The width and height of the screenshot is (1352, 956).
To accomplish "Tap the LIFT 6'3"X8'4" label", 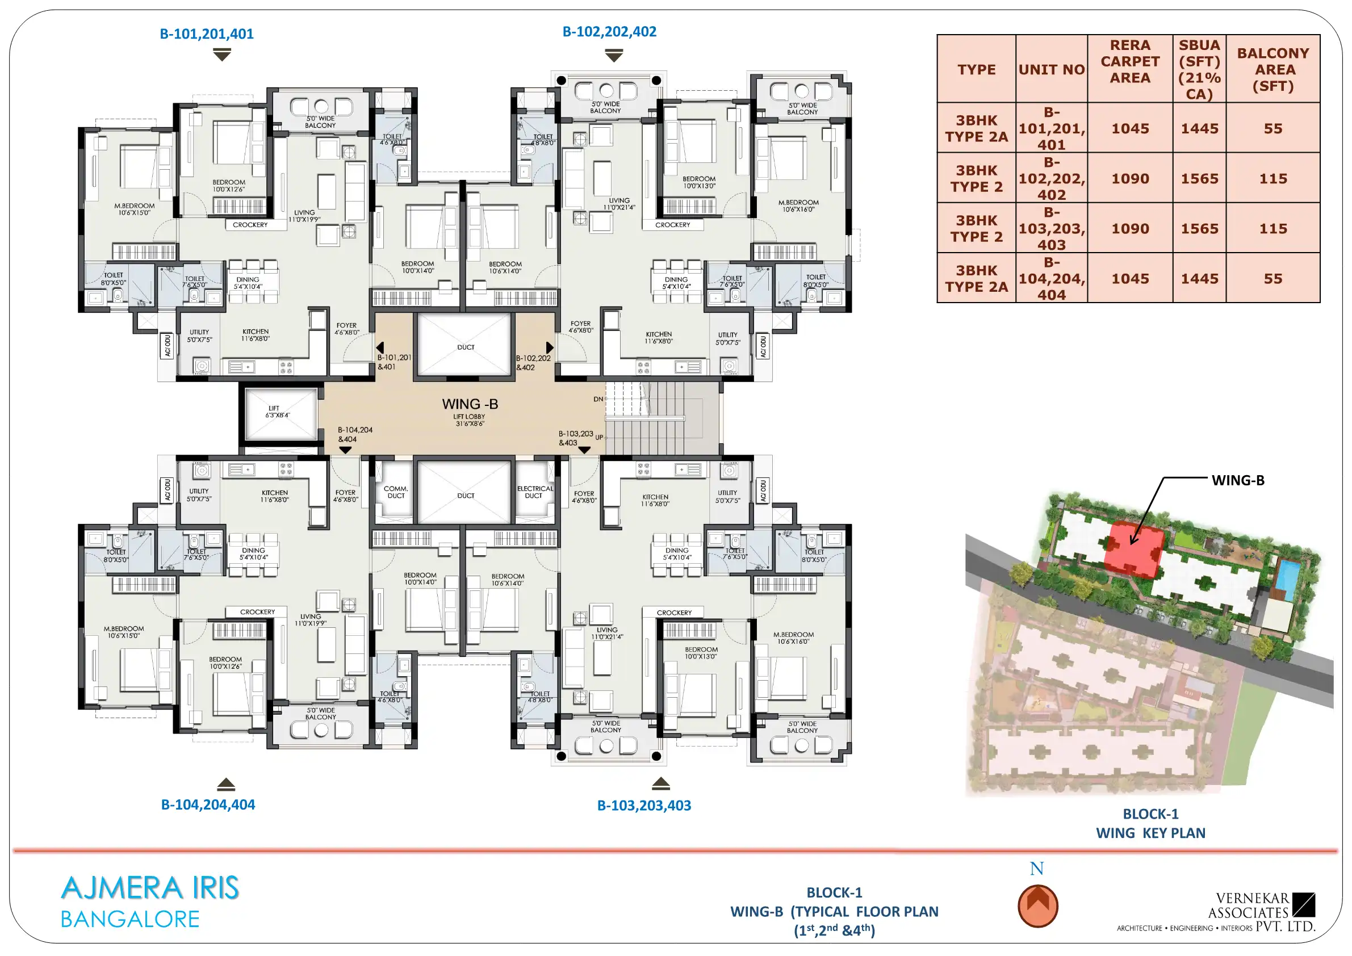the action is point(277,412).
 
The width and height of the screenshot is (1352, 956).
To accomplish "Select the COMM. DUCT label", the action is point(396,492).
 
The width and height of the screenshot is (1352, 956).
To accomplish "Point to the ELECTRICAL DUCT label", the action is point(535,492).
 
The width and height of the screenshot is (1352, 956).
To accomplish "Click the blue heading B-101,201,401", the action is point(207,33).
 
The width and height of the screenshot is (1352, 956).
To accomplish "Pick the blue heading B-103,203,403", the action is point(644,806).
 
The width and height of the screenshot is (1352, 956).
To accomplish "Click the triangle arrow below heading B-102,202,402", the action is point(614,56).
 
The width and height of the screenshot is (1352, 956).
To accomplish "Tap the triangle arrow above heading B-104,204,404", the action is point(226,784).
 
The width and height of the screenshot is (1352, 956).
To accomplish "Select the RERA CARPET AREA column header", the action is point(1130,61).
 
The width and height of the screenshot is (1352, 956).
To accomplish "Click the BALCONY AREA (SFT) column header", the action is point(1273,69).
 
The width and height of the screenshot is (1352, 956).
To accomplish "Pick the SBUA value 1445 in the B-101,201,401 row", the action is point(1199,128).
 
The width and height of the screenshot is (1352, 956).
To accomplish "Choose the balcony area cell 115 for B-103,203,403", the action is point(1273,228).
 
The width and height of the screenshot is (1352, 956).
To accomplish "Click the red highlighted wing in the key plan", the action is point(1133,548).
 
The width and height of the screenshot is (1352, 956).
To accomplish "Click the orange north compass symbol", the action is point(1037,906).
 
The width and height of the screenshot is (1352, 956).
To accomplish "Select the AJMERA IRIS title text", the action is point(150,888).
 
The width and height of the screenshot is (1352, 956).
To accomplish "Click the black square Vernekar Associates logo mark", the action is point(1304,905).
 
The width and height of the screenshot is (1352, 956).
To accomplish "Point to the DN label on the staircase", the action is point(598,399).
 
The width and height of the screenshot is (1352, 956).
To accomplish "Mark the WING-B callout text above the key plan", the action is point(1238,480).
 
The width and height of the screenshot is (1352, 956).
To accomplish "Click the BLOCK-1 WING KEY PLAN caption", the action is point(1150,824).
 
